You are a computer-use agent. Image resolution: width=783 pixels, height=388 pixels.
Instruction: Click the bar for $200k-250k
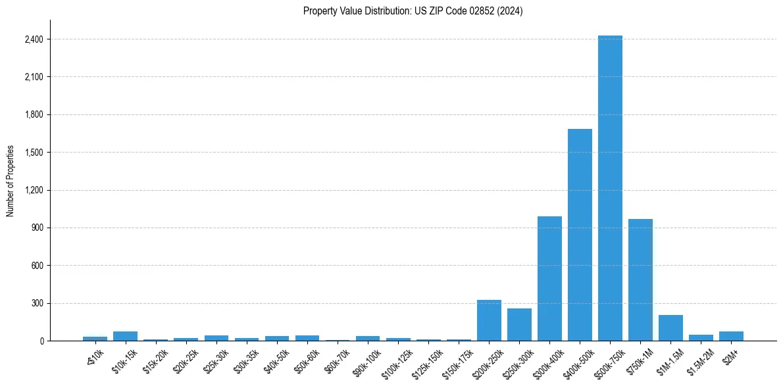pyautogui.click(x=489, y=320)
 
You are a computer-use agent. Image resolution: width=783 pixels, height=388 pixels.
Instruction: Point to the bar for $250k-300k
pyautogui.click(x=519, y=324)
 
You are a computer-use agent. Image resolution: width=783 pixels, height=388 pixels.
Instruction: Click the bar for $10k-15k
pyautogui.click(x=125, y=336)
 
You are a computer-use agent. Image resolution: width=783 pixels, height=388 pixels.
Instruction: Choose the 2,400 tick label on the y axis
pyautogui.click(x=34, y=39)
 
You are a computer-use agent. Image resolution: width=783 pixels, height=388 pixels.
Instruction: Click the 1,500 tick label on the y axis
pyautogui.click(x=34, y=153)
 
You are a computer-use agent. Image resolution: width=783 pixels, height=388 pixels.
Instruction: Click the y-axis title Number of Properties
pyautogui.click(x=11, y=181)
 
